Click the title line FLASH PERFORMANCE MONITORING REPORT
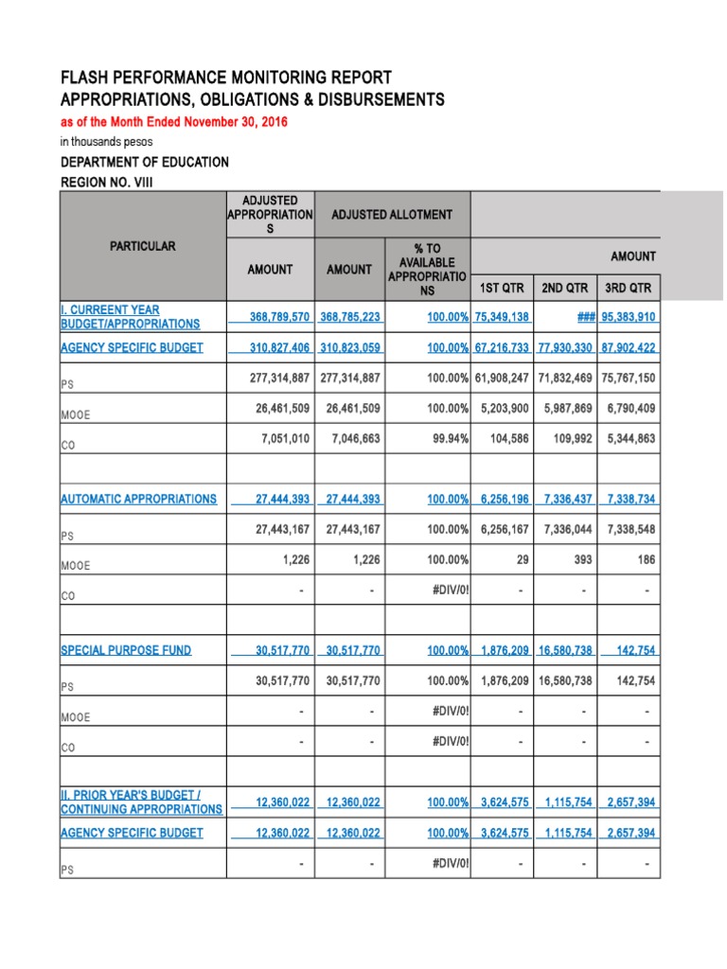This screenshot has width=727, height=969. [225, 78]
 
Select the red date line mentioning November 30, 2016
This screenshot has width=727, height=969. [174, 122]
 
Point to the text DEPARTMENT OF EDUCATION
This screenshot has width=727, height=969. [145, 162]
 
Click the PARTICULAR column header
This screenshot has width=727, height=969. [142, 246]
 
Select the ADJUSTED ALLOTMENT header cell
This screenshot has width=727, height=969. [391, 215]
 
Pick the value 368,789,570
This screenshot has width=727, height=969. [270, 317]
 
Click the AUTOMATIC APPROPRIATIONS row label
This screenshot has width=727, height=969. [138, 499]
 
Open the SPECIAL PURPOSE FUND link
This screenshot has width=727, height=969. [126, 650]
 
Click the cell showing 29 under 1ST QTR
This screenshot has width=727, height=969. [522, 559]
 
